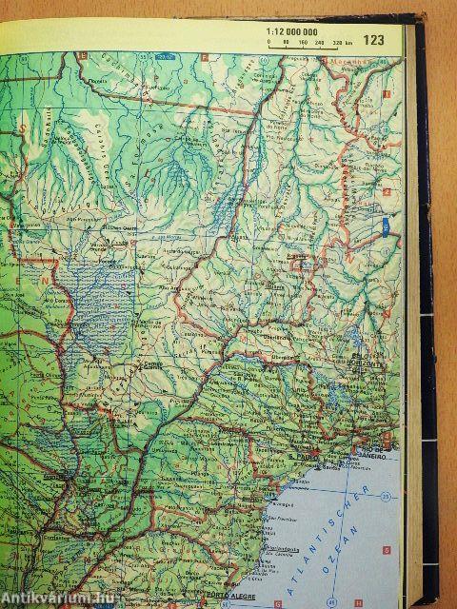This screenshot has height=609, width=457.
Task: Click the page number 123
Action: [374, 40]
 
